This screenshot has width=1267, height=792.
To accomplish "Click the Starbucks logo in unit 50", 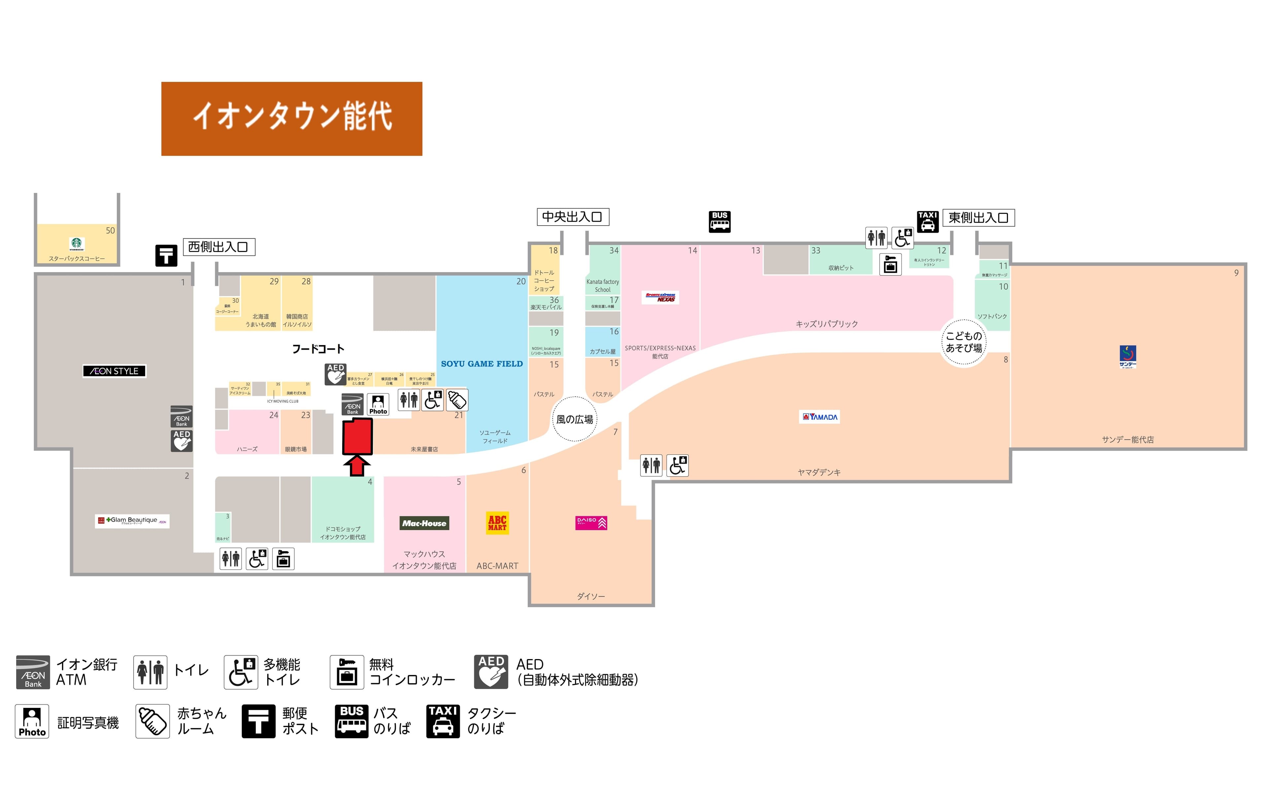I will tap(77, 243).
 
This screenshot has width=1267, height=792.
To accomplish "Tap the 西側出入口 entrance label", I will tap(218, 247).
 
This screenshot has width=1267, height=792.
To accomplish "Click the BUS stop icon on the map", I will tap(719, 222).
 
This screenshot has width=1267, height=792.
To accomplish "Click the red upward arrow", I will tap(357, 465).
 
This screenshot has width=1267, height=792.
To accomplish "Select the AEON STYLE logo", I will tap(114, 371).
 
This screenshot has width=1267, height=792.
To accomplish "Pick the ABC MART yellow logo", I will tap(497, 523).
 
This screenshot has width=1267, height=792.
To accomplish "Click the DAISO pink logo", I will tap(591, 523).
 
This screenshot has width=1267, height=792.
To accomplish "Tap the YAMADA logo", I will tap(820, 417).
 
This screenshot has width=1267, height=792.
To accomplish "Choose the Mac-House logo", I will tap(424, 523).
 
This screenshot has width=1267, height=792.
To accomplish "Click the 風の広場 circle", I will tap(574, 419).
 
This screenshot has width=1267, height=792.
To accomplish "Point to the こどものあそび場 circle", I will tap(963, 342).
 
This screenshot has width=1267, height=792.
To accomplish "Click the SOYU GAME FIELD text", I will tap(481, 364).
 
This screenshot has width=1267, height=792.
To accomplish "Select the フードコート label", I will tap(318, 349).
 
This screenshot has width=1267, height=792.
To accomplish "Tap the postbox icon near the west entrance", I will tap(166, 256).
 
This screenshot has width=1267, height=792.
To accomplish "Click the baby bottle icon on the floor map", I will tap(457, 400).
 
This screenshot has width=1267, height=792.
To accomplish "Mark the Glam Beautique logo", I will tap(132, 521).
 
